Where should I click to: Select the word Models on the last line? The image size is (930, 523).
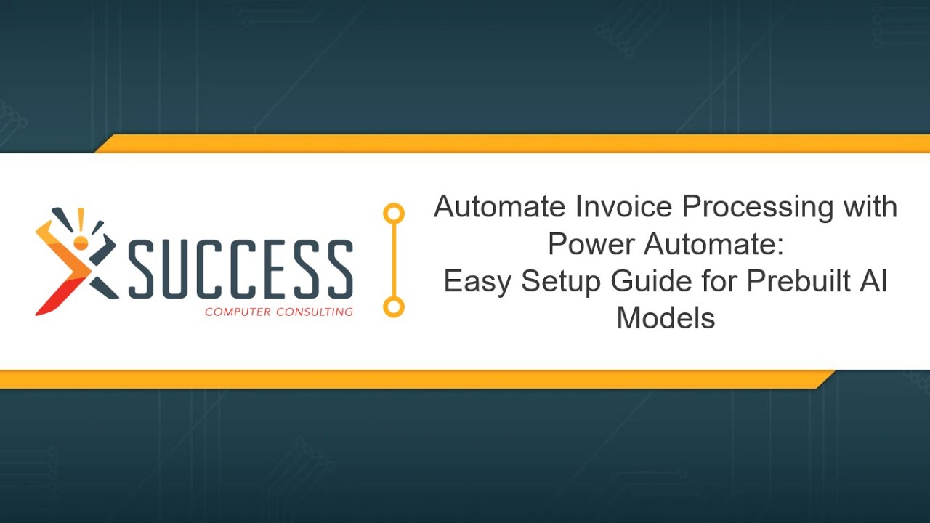point(666,318)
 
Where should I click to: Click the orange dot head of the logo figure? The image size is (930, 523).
point(81,242)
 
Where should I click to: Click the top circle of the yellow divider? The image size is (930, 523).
point(394,214)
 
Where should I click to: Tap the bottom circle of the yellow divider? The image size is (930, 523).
point(394,307)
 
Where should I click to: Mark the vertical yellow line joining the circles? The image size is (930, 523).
point(394,260)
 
